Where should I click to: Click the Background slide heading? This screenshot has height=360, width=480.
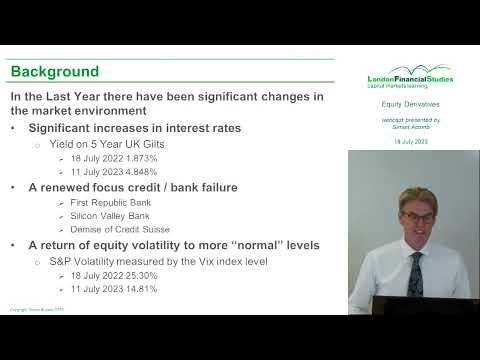[54, 72]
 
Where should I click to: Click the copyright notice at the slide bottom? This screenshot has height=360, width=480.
[36, 309]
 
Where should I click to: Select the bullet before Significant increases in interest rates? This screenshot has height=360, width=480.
[12, 129]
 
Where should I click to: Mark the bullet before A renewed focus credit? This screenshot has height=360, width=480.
[12, 187]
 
